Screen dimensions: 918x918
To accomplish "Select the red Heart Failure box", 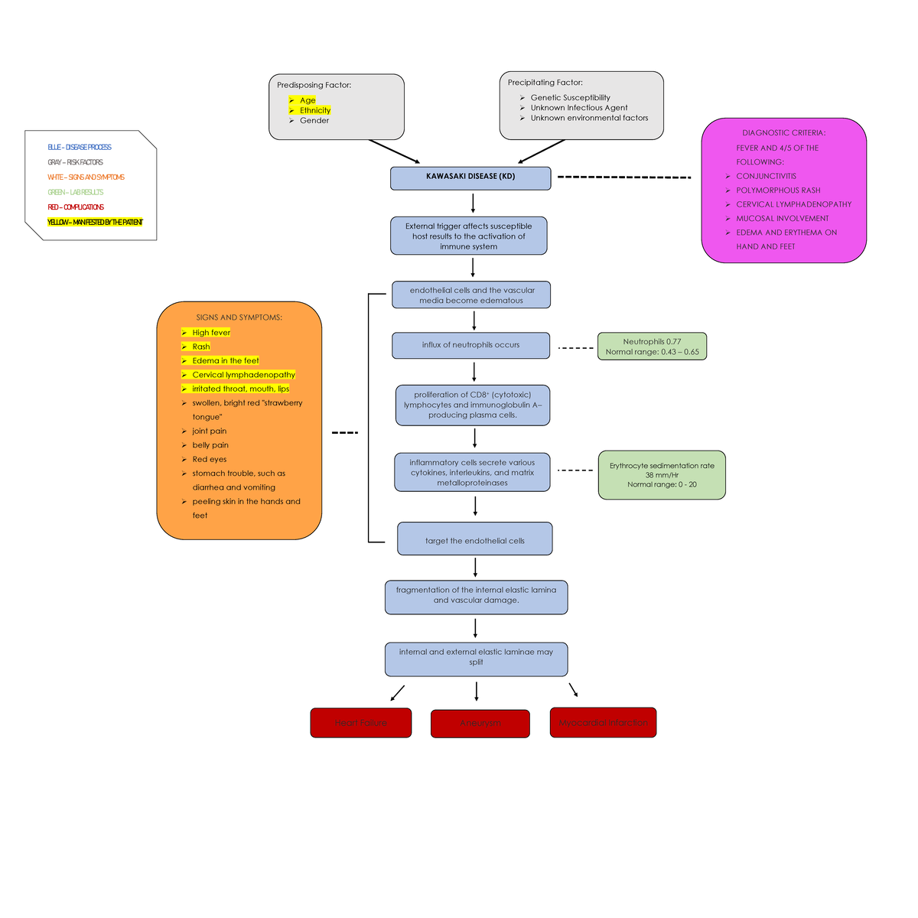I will tap(360, 723).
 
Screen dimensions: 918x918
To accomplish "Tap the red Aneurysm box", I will tap(480, 724).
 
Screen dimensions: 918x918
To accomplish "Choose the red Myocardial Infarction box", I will tap(603, 722).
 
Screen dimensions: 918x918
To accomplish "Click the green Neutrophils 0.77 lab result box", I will tap(652, 347).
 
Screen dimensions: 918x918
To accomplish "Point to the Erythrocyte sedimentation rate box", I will tap(662, 475).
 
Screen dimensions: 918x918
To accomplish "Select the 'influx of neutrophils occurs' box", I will tap(470, 345).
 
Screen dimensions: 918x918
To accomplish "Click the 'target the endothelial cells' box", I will tap(474, 539).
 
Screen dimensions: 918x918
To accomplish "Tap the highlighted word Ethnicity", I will tap(314, 110).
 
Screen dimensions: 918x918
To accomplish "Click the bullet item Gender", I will tap(314, 121).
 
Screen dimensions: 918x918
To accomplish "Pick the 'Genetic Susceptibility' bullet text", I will tap(570, 98).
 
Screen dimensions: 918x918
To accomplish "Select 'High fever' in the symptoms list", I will tap(210, 333).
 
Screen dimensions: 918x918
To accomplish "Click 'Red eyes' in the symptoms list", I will tap(209, 459).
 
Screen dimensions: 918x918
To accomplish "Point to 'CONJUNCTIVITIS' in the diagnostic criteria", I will tap(766, 176).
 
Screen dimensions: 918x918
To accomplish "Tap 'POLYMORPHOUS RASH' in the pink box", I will tap(778, 190).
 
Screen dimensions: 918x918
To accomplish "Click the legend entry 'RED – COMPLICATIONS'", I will tap(76, 207).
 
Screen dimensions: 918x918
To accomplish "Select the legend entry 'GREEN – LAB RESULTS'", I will tap(75, 192).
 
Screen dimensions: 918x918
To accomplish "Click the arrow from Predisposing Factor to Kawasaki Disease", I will tap(394, 151).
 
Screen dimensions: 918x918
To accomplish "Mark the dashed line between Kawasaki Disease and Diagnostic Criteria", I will tap(623, 177).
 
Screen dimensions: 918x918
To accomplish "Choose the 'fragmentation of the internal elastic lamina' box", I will tap(476, 596).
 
